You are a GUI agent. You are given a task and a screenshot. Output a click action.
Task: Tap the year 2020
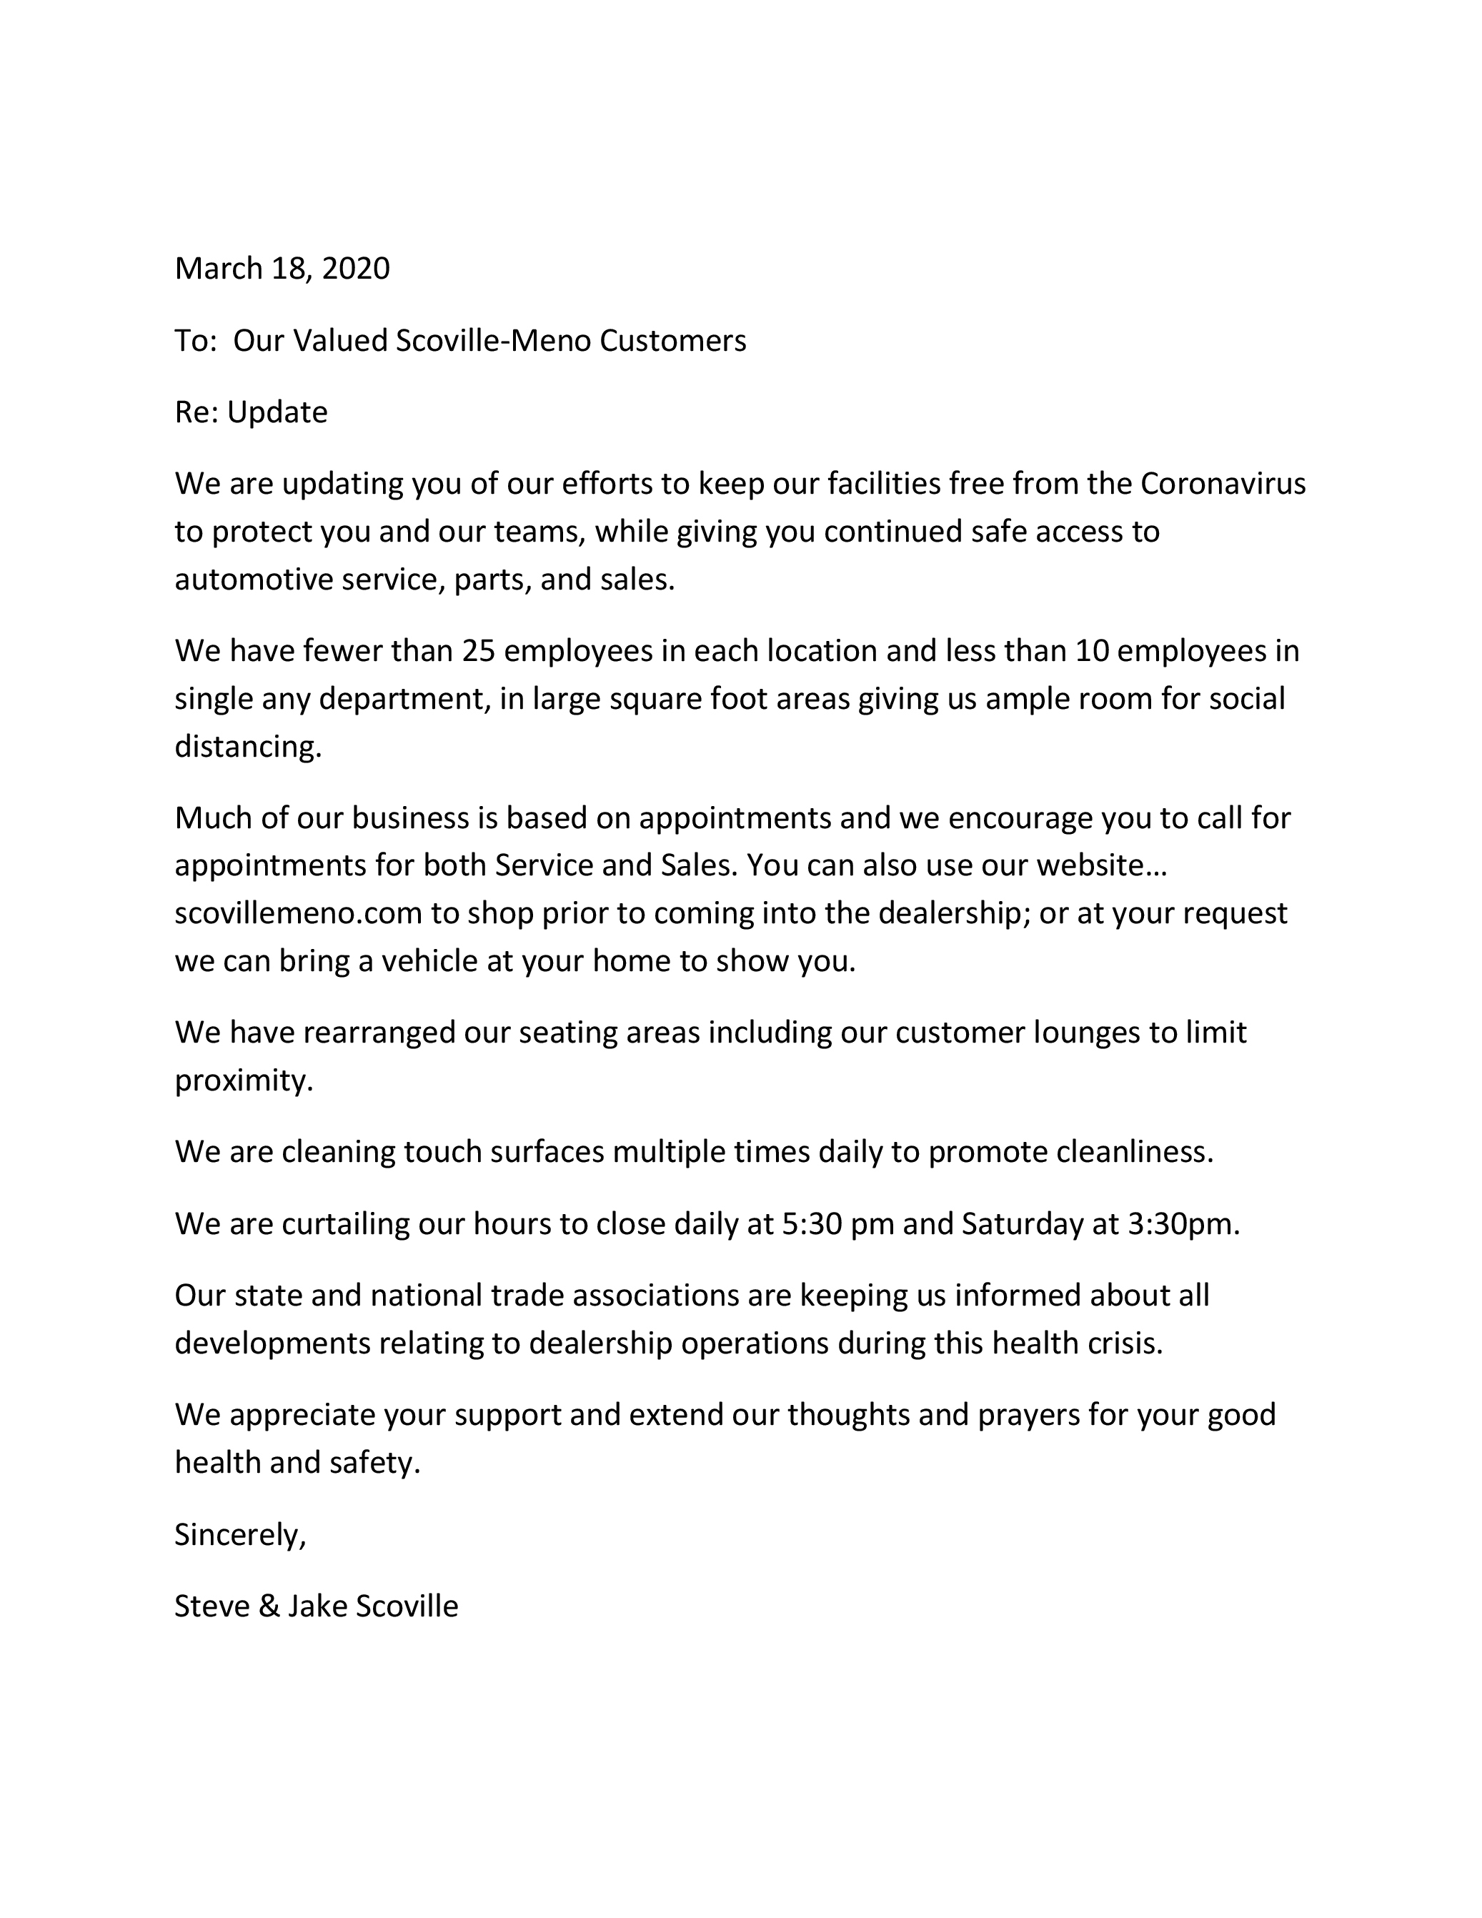click(356, 268)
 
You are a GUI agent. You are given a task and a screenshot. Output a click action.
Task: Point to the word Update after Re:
click(277, 412)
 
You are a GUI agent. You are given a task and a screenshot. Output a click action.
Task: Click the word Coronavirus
click(1223, 483)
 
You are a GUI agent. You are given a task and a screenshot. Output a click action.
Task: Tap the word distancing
click(247, 747)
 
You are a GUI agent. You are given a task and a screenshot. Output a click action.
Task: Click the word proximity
click(242, 1080)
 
